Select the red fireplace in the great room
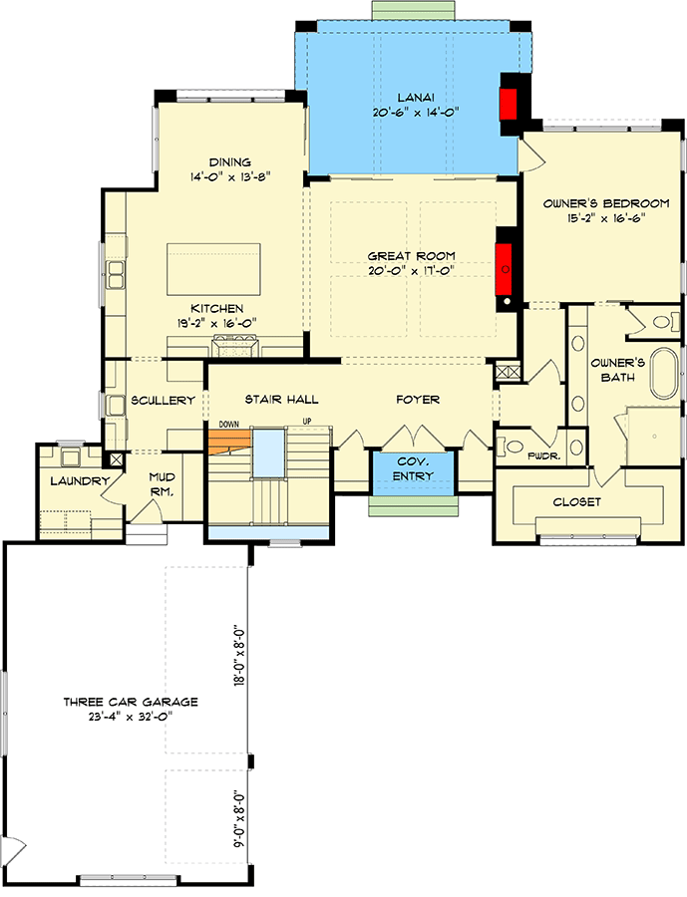(506, 263)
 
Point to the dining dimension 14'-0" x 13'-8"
(229, 177)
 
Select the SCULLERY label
(163, 401)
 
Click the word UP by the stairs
(307, 423)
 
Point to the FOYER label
(417, 400)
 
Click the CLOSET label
(576, 502)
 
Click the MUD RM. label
(163, 484)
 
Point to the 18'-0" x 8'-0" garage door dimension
(237, 657)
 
